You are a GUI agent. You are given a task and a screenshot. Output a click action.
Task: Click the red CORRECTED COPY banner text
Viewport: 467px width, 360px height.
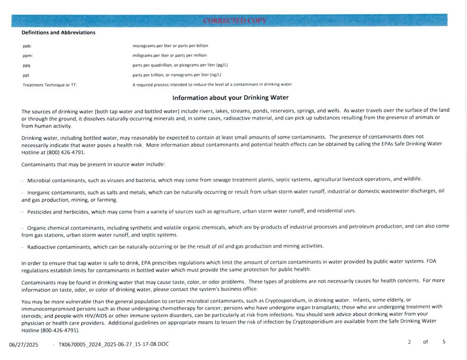[235, 21]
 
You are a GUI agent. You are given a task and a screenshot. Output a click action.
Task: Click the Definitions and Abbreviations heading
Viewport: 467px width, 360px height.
[58, 33]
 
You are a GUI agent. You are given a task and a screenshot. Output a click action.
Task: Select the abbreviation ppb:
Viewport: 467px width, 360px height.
[27, 46]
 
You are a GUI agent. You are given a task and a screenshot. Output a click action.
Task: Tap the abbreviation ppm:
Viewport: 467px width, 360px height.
[28, 56]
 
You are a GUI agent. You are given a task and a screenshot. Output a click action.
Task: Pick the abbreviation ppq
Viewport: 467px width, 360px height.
[27, 65]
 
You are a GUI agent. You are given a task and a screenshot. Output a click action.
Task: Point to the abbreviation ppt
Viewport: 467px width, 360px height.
[26, 75]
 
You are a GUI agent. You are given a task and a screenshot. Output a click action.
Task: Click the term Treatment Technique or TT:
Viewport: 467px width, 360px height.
[50, 85]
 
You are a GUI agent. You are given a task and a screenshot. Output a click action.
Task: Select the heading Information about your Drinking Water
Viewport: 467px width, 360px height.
[230, 98]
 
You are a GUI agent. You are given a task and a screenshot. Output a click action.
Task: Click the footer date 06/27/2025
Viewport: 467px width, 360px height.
[23, 345]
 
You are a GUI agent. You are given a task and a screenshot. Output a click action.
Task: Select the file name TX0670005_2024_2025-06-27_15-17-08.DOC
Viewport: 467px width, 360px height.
[113, 345]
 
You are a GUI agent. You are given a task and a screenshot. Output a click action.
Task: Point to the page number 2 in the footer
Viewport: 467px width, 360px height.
[409, 342]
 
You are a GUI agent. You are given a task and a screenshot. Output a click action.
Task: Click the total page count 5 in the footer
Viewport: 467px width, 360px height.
[444, 342]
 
